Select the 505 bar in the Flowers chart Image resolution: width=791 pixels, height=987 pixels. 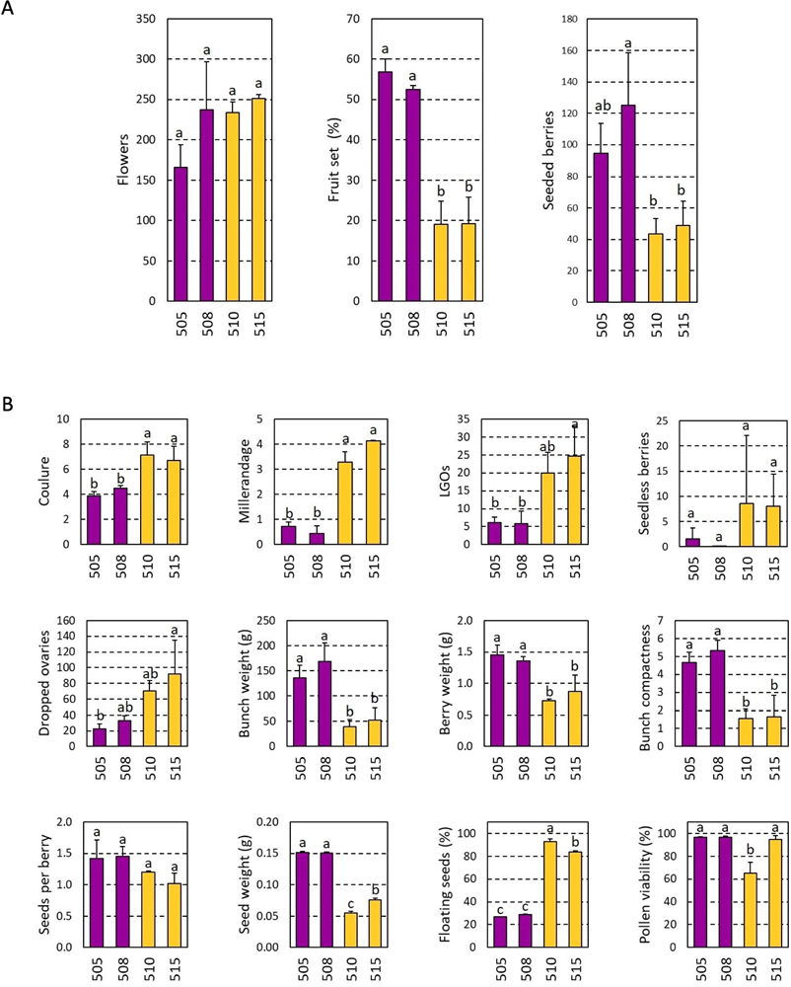click(x=180, y=234)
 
